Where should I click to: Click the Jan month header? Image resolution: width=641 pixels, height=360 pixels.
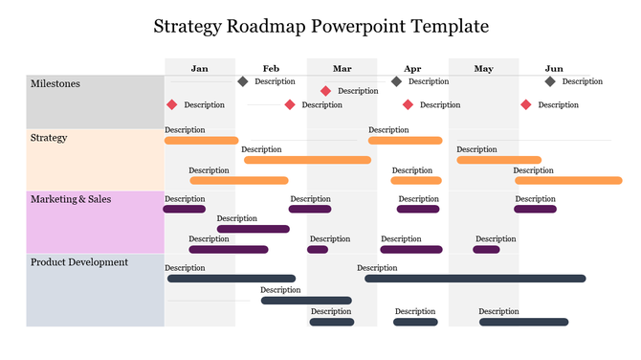199,68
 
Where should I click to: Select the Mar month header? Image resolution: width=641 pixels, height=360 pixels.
342,68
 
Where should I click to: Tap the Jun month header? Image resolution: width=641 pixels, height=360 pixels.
554,68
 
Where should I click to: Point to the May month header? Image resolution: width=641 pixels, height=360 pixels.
483,68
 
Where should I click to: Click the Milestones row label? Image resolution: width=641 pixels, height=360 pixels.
55,84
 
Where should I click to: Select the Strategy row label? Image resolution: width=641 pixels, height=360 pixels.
49,138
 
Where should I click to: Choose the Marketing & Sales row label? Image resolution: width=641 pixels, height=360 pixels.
71,199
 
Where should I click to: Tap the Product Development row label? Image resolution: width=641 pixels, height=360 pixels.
79,261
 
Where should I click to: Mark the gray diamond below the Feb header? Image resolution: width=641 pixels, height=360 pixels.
243,81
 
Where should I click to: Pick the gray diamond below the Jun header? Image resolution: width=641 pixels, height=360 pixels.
550,81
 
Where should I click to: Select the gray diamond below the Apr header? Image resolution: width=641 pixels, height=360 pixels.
397,81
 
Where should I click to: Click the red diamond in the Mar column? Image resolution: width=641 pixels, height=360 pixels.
326,91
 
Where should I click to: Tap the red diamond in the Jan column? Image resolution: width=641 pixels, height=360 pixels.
172,104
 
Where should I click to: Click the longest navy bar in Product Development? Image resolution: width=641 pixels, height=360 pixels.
475,279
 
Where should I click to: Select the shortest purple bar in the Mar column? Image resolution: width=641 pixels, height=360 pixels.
318,250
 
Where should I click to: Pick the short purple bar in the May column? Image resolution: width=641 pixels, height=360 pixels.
486,250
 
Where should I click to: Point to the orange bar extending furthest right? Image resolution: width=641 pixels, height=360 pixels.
568,180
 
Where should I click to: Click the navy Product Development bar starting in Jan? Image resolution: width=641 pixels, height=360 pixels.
231,279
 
